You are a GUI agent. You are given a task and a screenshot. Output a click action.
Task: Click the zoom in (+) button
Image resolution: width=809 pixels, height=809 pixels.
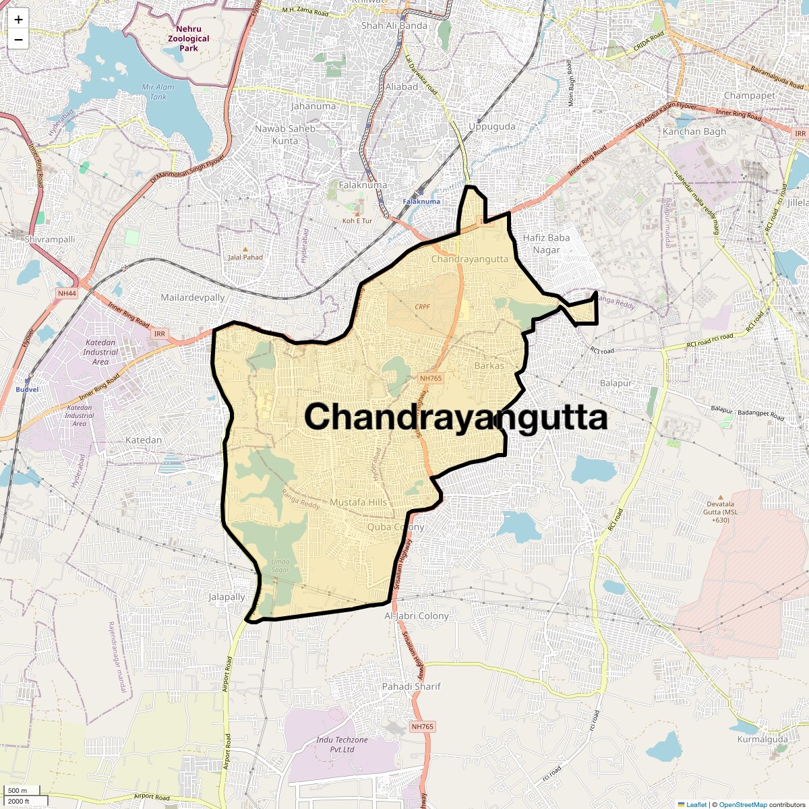(18, 20)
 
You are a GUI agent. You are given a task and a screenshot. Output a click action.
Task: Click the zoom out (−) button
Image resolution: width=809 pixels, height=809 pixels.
(18, 40)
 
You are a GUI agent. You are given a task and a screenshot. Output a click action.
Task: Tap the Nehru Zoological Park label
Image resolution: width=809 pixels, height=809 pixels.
(189, 38)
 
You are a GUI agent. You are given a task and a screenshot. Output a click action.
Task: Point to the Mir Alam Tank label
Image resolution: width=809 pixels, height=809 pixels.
(158, 92)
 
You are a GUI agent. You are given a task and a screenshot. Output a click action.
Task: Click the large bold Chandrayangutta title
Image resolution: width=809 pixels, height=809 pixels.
(456, 417)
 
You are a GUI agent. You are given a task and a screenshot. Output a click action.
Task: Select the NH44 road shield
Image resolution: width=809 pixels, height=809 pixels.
(67, 293)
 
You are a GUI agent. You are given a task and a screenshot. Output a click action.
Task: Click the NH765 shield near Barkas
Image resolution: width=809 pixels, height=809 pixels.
(431, 378)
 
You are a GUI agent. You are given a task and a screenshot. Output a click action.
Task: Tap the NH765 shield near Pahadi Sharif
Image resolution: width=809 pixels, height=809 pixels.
(422, 727)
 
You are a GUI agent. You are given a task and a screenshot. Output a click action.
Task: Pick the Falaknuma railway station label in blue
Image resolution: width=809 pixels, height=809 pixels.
(421, 202)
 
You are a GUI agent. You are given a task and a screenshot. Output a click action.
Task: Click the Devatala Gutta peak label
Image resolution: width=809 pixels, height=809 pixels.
(721, 512)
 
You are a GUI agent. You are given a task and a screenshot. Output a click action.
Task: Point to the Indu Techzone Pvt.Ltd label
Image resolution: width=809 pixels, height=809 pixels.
(342, 744)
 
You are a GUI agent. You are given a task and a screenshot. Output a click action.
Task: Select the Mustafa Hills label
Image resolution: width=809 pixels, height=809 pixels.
(358, 502)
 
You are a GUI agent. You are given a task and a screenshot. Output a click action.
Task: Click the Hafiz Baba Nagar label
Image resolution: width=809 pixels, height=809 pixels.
(547, 243)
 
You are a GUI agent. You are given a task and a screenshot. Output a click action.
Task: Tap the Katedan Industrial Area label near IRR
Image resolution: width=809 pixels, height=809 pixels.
(100, 352)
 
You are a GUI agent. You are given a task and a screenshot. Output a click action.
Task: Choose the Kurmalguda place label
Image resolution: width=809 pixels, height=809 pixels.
(762, 740)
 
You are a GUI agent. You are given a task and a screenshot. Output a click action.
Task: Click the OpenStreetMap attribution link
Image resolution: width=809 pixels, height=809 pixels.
(742, 804)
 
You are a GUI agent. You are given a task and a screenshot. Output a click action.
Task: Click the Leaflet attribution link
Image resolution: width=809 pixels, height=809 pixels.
(696, 804)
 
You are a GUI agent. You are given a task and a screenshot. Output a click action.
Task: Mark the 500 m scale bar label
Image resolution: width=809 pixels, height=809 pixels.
(18, 791)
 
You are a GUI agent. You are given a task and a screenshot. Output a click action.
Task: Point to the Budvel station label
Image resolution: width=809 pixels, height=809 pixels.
(27, 390)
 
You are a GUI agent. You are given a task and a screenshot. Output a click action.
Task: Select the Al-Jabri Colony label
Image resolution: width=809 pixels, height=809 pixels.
(417, 616)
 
